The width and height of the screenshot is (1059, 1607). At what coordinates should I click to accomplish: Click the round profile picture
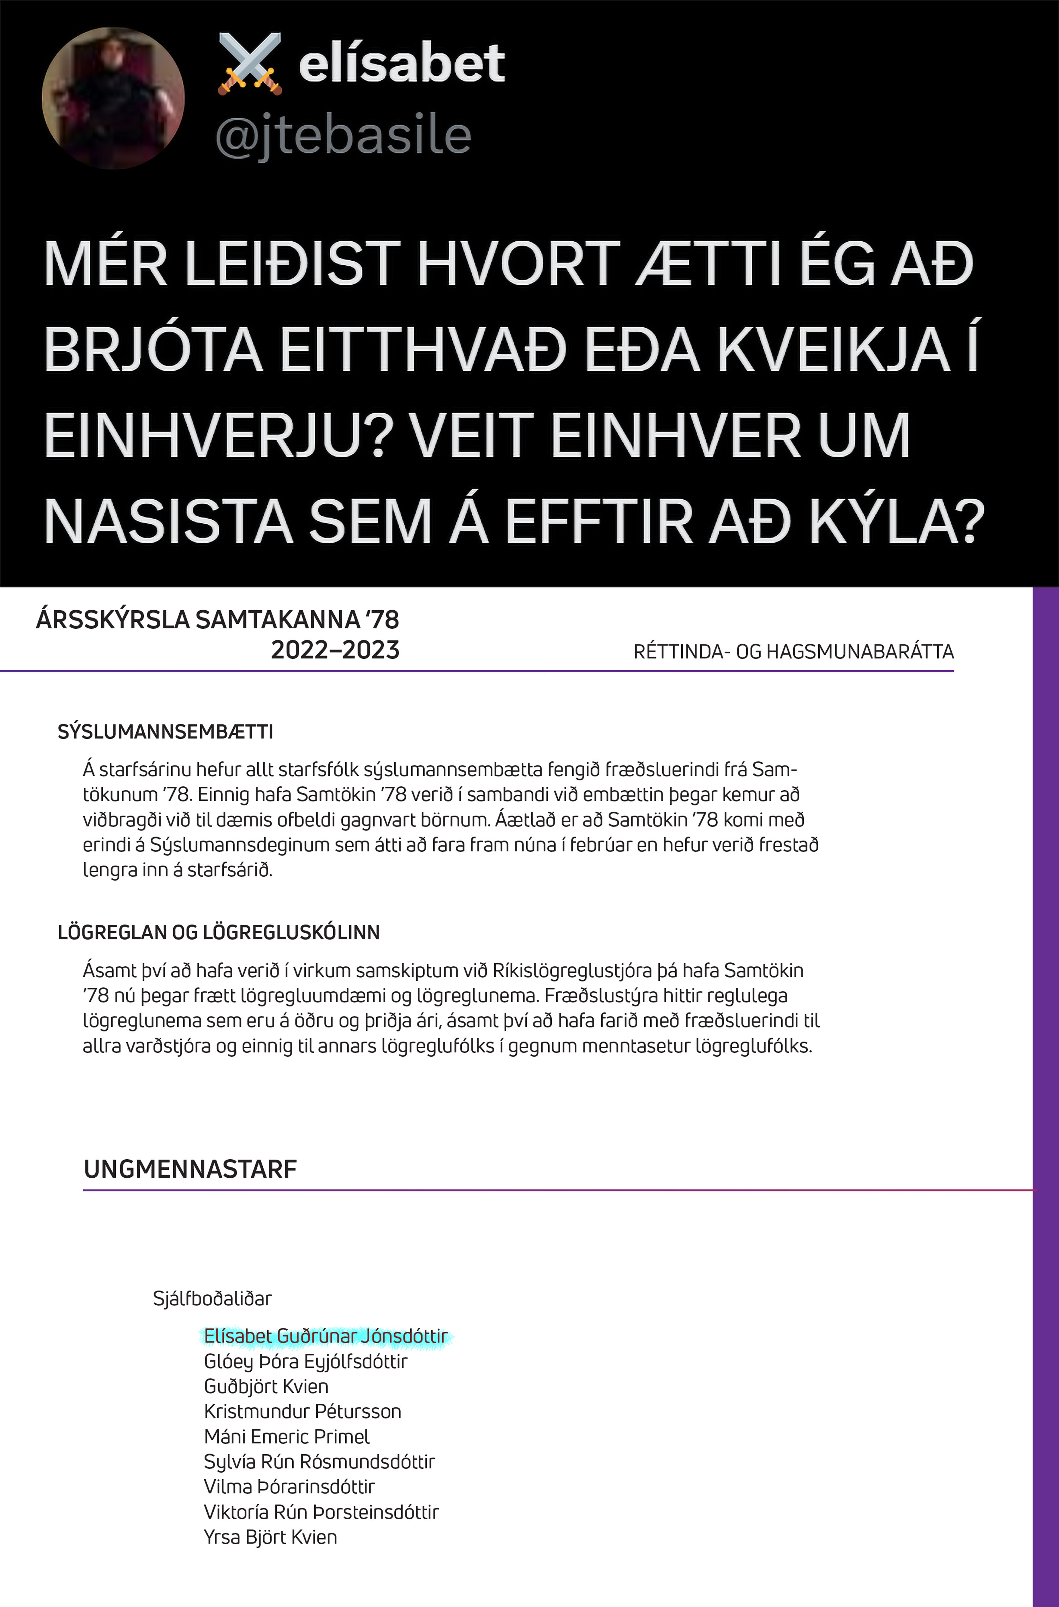[113, 98]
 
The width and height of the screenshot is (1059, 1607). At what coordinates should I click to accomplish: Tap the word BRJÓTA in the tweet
[153, 350]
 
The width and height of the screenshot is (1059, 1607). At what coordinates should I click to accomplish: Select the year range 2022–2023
[335, 650]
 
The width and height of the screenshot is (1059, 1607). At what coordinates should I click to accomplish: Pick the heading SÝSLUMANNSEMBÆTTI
[166, 732]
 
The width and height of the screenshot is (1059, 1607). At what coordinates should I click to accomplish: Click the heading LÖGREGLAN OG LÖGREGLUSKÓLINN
[219, 932]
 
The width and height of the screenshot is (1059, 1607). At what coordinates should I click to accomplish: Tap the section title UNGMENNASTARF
[191, 1169]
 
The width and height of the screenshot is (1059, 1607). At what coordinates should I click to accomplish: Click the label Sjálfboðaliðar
[212, 1298]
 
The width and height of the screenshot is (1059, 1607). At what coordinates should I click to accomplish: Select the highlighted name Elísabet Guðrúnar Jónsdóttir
[325, 1336]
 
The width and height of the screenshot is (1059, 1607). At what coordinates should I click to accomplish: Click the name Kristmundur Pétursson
[303, 1411]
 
